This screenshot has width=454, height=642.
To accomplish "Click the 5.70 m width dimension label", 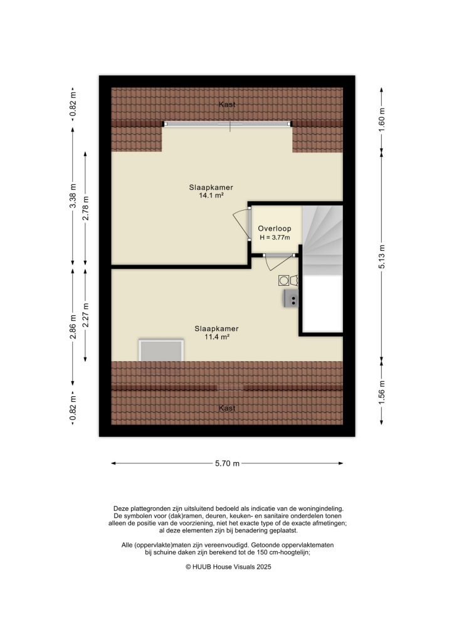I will click(227, 464).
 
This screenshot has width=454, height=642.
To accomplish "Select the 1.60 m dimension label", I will click(381, 118).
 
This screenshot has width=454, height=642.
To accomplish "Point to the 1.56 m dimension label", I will click(381, 392).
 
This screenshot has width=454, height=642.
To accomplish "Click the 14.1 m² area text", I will click(207, 196).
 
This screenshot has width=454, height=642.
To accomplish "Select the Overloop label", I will click(275, 229).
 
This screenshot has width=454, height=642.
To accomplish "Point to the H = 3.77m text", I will click(275, 238).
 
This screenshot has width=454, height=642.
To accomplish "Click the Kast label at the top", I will click(227, 105).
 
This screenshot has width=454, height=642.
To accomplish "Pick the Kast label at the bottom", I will click(227, 408).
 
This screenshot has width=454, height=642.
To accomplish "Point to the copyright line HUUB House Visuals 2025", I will click(227, 566).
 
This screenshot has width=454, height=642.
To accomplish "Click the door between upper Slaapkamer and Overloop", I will click(248, 226).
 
